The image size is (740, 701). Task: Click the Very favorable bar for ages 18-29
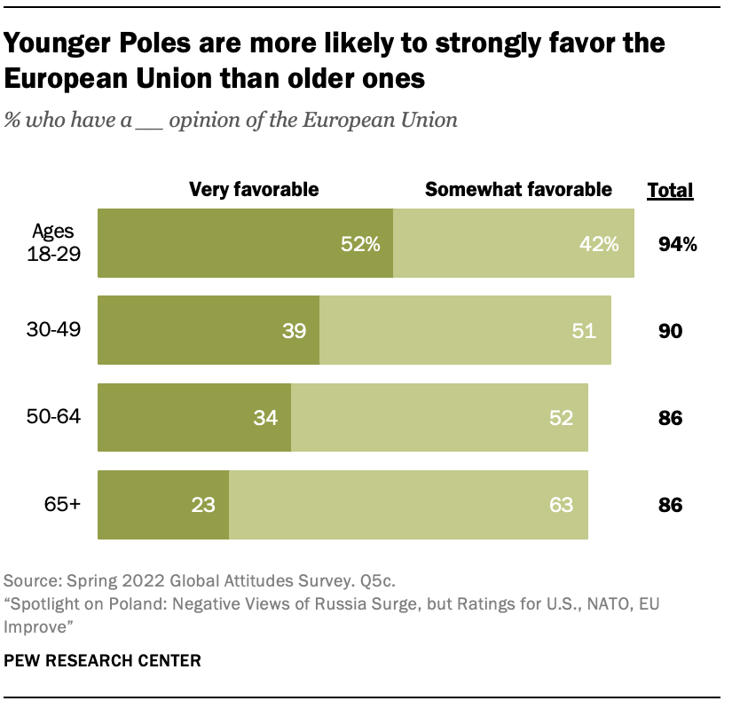coord(245,244)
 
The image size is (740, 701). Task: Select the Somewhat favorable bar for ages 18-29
coord(513,244)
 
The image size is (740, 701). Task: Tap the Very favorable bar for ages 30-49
coord(208,331)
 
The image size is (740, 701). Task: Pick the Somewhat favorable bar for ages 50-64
coord(438,417)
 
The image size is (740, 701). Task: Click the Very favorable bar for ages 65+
coord(162,505)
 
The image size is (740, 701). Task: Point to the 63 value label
coord(561,505)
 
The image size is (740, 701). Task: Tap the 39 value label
coord(294,331)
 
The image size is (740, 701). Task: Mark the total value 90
coord(670,331)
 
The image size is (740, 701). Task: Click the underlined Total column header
coord(671,190)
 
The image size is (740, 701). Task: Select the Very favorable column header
coord(253,189)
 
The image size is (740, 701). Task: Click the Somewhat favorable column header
coord(518,189)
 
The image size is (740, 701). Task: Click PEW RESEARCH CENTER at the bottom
coord(102,661)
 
